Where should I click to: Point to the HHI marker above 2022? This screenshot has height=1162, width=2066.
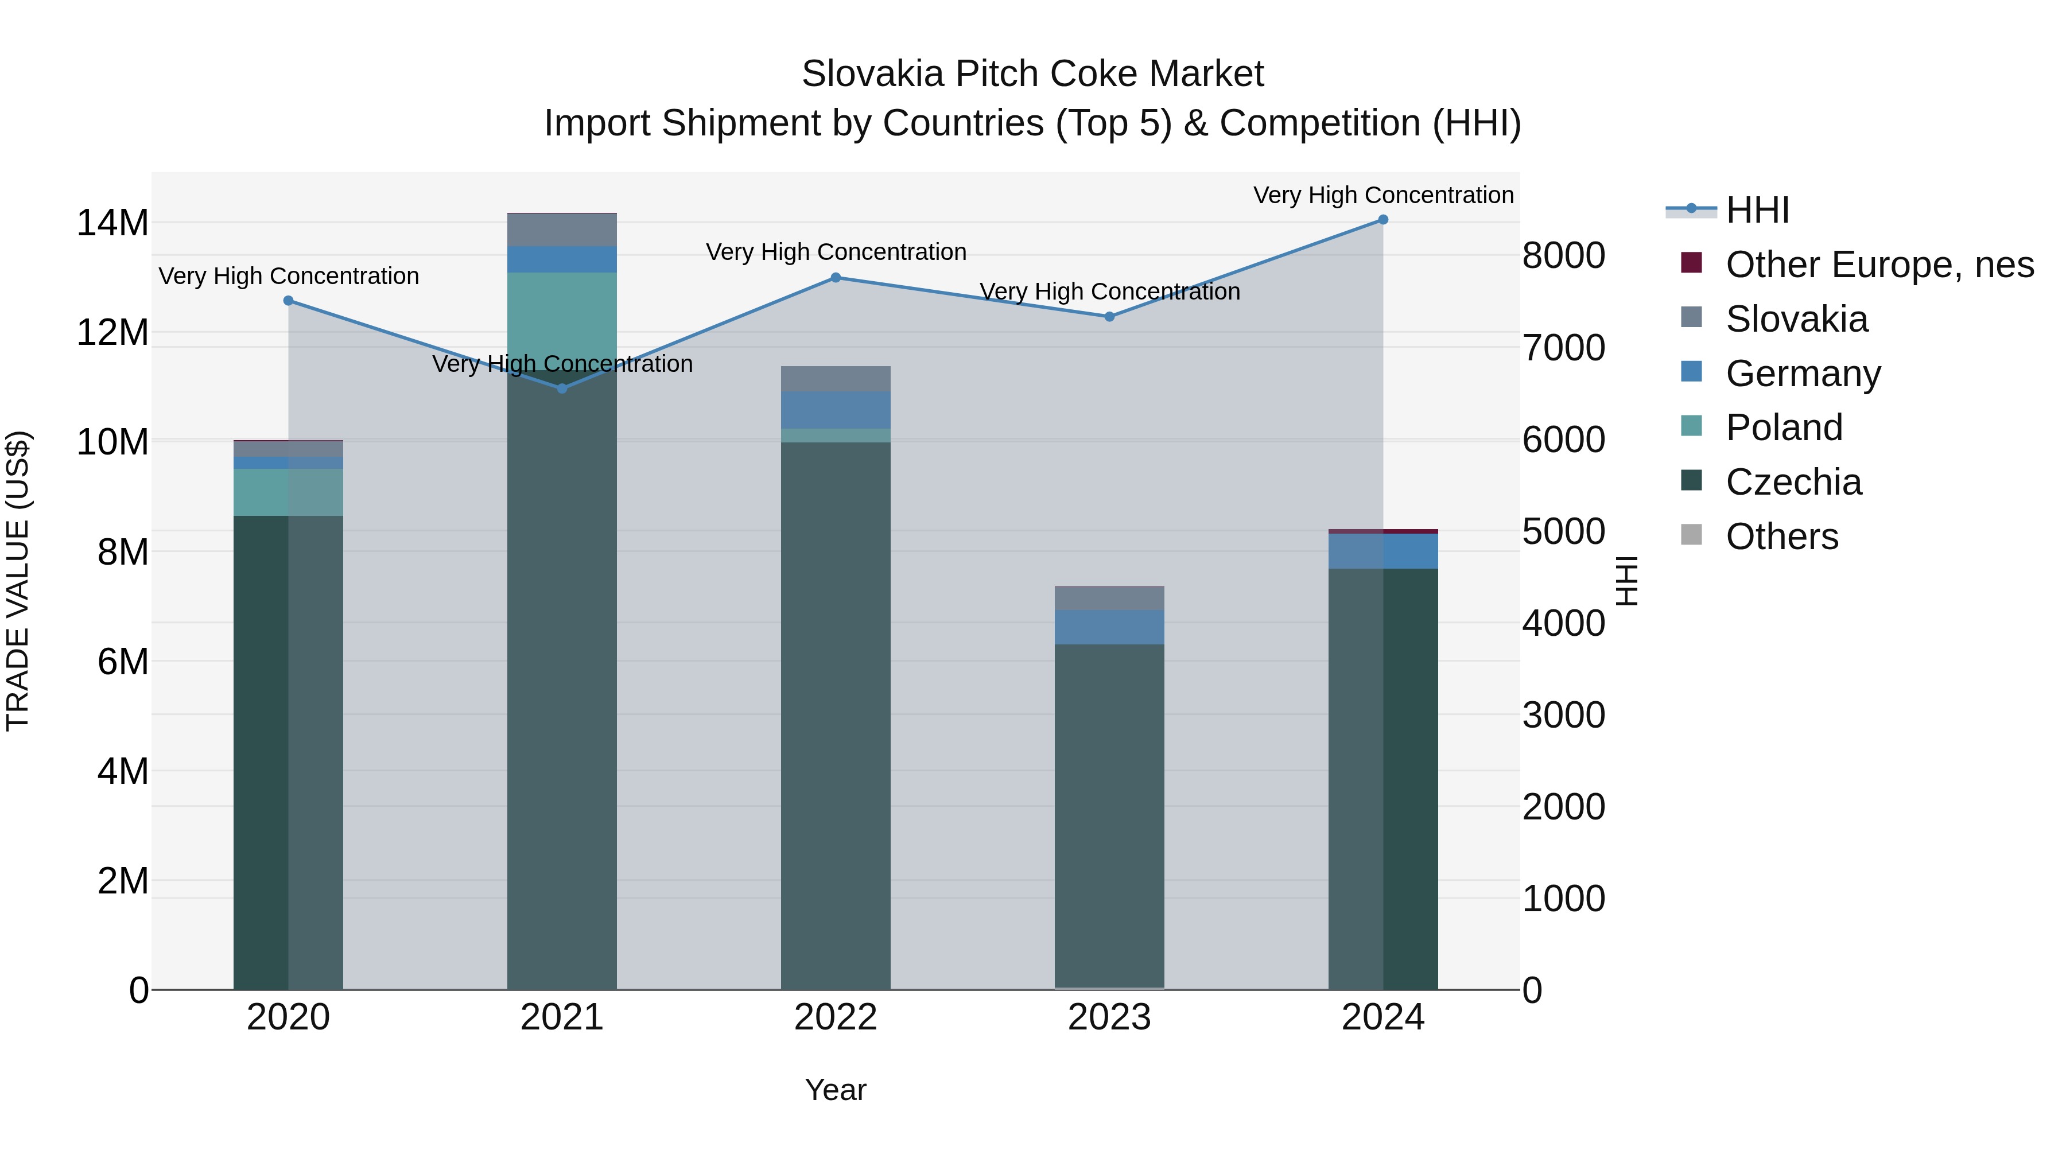click(x=836, y=278)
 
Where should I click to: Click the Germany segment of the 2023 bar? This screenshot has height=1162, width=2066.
click(x=1109, y=627)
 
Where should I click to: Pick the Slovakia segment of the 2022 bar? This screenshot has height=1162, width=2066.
click(x=836, y=379)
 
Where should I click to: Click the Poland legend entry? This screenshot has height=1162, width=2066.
click(x=1784, y=428)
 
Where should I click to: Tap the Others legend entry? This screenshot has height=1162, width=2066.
click(x=1781, y=537)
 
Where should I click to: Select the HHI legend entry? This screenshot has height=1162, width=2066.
click(x=1757, y=210)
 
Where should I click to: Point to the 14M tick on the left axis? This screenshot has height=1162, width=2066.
click(x=112, y=223)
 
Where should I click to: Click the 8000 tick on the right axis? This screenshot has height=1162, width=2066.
click(x=1564, y=256)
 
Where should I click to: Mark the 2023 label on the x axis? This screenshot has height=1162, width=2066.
click(x=1109, y=1017)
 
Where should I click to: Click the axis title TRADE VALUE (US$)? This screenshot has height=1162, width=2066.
click(x=18, y=581)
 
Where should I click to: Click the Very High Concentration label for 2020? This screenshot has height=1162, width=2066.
click(x=289, y=276)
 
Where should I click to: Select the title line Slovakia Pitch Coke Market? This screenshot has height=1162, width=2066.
click(x=1032, y=74)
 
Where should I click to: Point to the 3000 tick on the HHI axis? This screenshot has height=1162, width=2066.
click(x=1564, y=716)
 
